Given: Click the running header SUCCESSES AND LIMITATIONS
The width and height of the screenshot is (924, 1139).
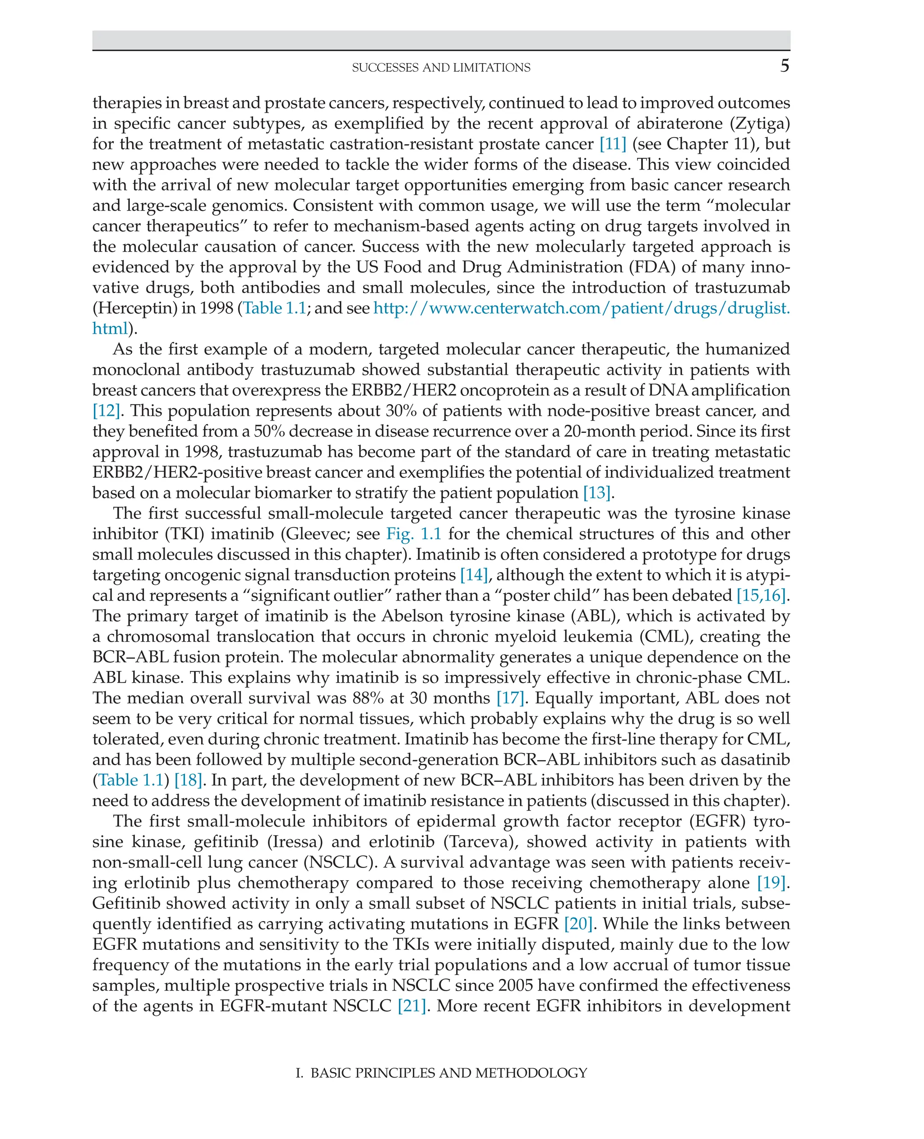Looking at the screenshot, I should point(441,68).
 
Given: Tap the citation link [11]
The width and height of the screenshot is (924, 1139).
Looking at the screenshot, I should point(612,144).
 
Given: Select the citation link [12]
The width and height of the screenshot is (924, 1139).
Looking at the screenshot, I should point(106,410).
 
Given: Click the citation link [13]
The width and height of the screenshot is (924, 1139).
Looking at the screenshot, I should point(596,493).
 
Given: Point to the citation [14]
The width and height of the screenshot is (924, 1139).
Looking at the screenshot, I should point(474,574).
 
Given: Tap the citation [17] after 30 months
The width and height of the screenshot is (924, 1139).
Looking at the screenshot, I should point(510,698).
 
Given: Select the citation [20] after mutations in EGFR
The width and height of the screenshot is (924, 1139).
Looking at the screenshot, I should point(578,923).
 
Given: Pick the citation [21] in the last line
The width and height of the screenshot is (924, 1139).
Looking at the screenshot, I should point(411,1006).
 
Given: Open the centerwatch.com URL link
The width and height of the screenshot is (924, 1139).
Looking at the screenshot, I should point(581,308).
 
